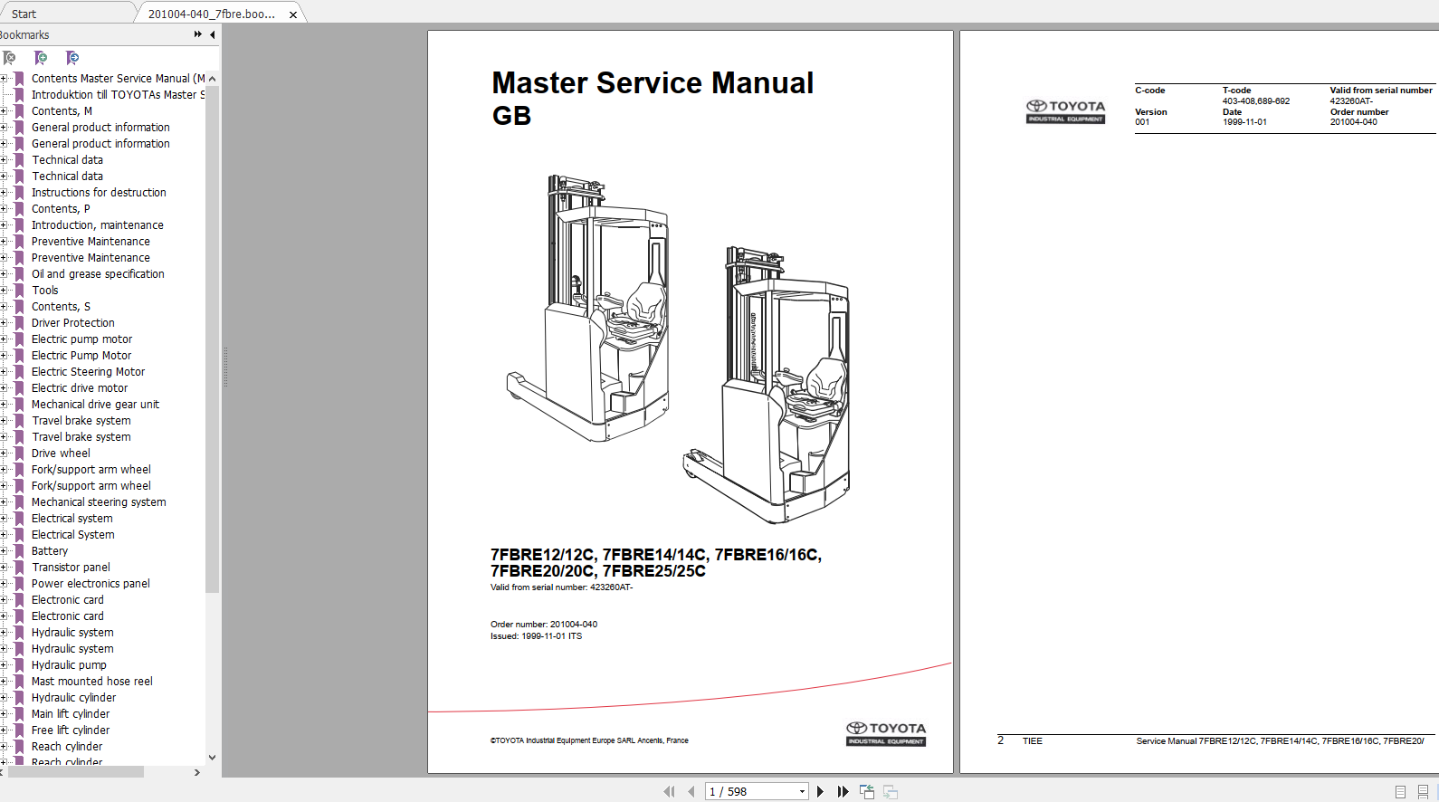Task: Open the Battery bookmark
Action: click(x=50, y=550)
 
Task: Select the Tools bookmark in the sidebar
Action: click(x=45, y=290)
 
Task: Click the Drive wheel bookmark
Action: click(x=61, y=454)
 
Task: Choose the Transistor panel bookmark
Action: click(x=71, y=567)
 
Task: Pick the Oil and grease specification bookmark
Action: click(x=98, y=273)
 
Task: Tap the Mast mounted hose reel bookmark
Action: click(x=92, y=682)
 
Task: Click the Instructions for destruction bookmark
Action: click(x=99, y=192)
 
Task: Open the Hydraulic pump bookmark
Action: click(x=69, y=665)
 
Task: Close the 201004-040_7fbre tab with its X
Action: click(x=293, y=14)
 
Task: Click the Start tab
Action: click(x=24, y=14)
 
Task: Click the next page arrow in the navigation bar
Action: click(x=820, y=792)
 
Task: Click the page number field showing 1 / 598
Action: click(x=756, y=792)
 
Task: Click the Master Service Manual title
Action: click(x=653, y=83)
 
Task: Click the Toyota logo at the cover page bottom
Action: click(x=886, y=733)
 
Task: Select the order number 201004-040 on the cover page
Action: click(x=574, y=624)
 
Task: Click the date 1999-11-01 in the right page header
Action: click(x=1244, y=122)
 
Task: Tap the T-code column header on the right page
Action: click(x=1236, y=91)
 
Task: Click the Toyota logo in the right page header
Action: click(x=1066, y=111)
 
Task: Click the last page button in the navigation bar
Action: click(x=843, y=792)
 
